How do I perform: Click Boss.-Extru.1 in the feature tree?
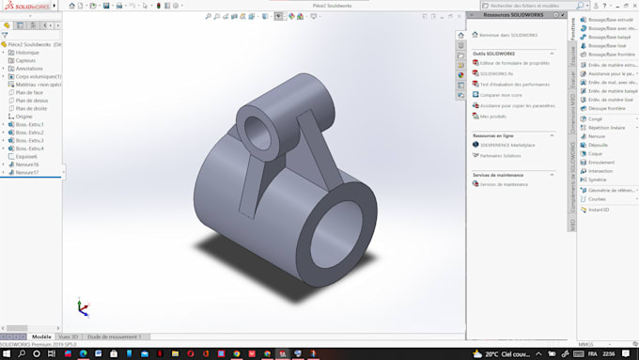pyautogui.click(x=30, y=124)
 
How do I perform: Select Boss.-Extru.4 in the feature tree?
pyautogui.click(x=30, y=149)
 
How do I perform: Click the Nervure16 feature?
pyautogui.click(x=27, y=164)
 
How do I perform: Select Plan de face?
pyautogui.click(x=31, y=92)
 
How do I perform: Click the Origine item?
pyautogui.click(x=23, y=117)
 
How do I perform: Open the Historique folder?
pyautogui.click(x=27, y=53)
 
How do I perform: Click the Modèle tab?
pyautogui.click(x=41, y=337)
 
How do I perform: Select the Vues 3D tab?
pyautogui.click(x=68, y=337)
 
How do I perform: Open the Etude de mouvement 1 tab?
pyautogui.click(x=114, y=337)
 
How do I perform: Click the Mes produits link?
pyautogui.click(x=492, y=117)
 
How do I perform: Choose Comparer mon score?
pyautogui.click(x=500, y=95)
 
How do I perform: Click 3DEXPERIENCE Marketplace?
pyautogui.click(x=507, y=145)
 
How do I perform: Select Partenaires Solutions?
pyautogui.click(x=502, y=155)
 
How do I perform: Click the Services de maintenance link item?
pyautogui.click(x=504, y=184)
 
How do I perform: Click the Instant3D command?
pyautogui.click(x=599, y=209)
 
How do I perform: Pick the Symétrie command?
pyautogui.click(x=597, y=180)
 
